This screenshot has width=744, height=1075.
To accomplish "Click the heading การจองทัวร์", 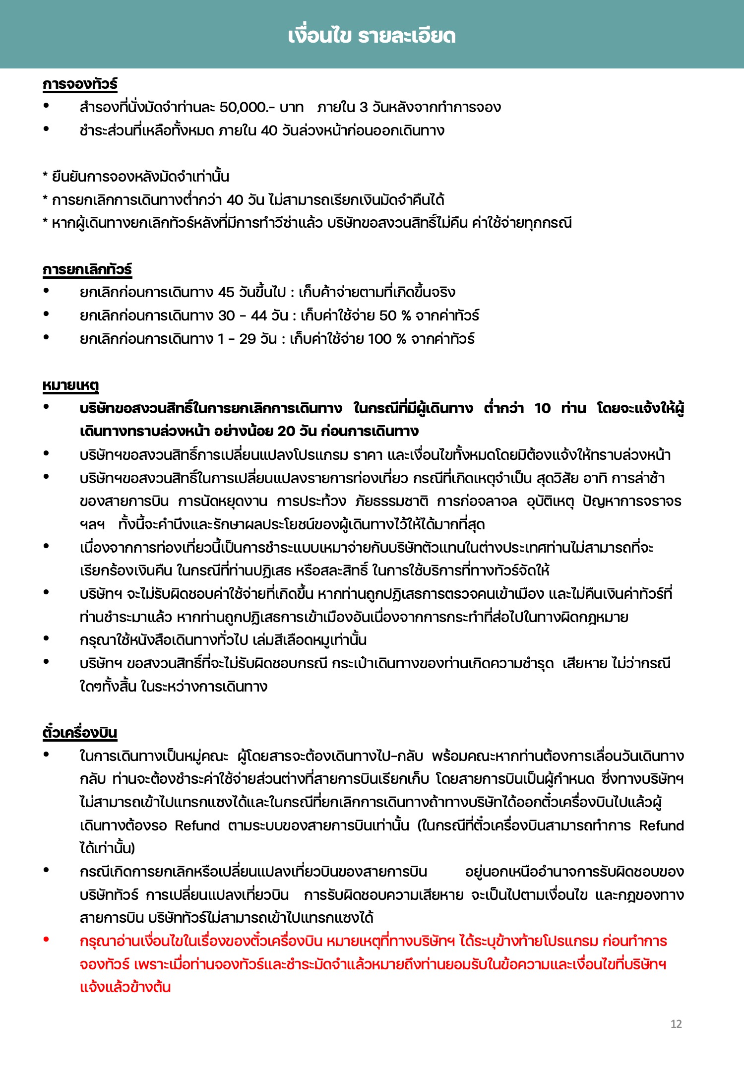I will [x=80, y=84].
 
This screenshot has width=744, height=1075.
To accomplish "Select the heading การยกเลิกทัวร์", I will [x=87, y=269].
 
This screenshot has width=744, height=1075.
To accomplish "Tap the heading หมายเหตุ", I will [x=71, y=385].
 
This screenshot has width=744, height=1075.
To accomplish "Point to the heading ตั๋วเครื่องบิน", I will [x=80, y=733].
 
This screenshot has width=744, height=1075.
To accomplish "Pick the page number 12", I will [x=676, y=1024].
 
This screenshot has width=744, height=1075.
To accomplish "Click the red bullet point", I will [x=46, y=939].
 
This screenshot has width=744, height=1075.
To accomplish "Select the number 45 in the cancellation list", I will [x=226, y=292].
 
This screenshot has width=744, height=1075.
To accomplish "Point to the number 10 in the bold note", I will [x=542, y=408].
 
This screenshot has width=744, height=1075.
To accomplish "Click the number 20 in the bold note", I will [x=286, y=431].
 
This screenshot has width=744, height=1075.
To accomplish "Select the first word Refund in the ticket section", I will [x=197, y=825].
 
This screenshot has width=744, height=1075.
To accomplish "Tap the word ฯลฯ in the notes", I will [x=92, y=524].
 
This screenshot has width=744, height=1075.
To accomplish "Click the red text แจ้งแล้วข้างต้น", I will [x=125, y=987].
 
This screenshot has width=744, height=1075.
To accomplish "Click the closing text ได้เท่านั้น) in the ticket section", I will [x=107, y=848].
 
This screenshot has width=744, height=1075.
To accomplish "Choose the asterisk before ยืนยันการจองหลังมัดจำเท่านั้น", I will [x=45, y=176].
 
